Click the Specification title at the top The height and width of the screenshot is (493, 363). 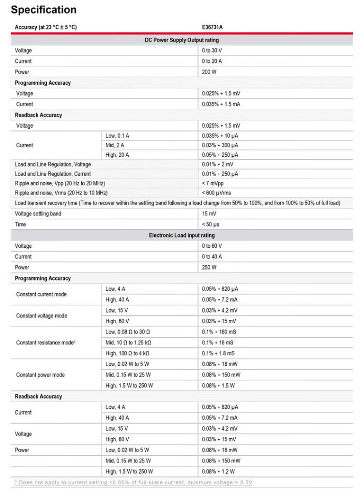[44, 10]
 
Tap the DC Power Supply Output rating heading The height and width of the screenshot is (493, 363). [181, 40]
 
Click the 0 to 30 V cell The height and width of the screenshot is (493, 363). [212, 50]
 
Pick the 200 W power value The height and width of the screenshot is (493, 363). [209, 72]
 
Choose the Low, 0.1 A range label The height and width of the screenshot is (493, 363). [117, 136]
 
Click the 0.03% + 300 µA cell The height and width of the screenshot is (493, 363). [220, 145]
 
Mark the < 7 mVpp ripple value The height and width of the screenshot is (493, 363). [213, 183]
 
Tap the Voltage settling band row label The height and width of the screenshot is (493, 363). [38, 213]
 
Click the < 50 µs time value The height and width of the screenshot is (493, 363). [211, 224]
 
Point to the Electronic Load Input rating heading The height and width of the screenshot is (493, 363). [181, 235]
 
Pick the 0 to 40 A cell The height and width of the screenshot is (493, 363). [212, 256]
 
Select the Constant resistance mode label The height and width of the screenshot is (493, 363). [46, 343]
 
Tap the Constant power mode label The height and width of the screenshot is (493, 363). [40, 375]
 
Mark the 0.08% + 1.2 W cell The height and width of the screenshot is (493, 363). [218, 471]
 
